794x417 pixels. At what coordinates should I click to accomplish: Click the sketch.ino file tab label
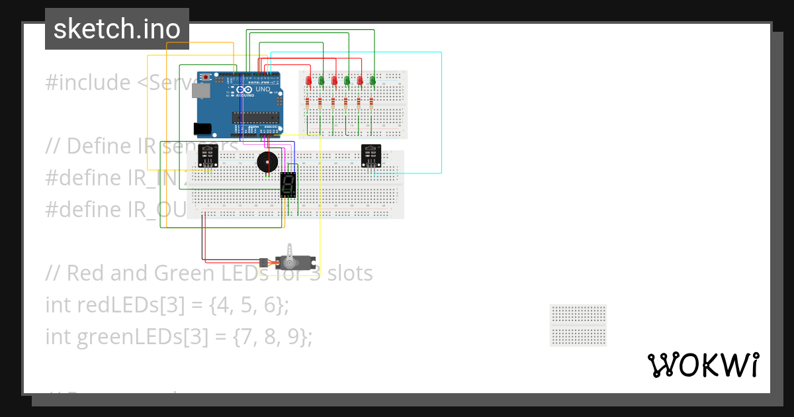pyautogui.click(x=116, y=29)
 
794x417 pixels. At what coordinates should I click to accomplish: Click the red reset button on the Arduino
pyautogui.click(x=206, y=77)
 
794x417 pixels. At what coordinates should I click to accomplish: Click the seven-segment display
pyautogui.click(x=288, y=185)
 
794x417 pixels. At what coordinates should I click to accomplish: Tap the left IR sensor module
pyautogui.click(x=208, y=156)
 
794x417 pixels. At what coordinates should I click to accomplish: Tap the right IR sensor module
pyautogui.click(x=371, y=156)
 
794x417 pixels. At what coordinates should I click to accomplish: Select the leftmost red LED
pyautogui.click(x=308, y=81)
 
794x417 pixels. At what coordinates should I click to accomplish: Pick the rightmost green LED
pyautogui.click(x=373, y=81)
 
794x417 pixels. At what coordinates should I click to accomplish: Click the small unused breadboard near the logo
pyautogui.click(x=578, y=325)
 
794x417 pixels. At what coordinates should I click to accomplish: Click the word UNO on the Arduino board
pyautogui.click(x=263, y=89)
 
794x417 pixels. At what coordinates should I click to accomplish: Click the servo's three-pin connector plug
pyautogui.click(x=263, y=262)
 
